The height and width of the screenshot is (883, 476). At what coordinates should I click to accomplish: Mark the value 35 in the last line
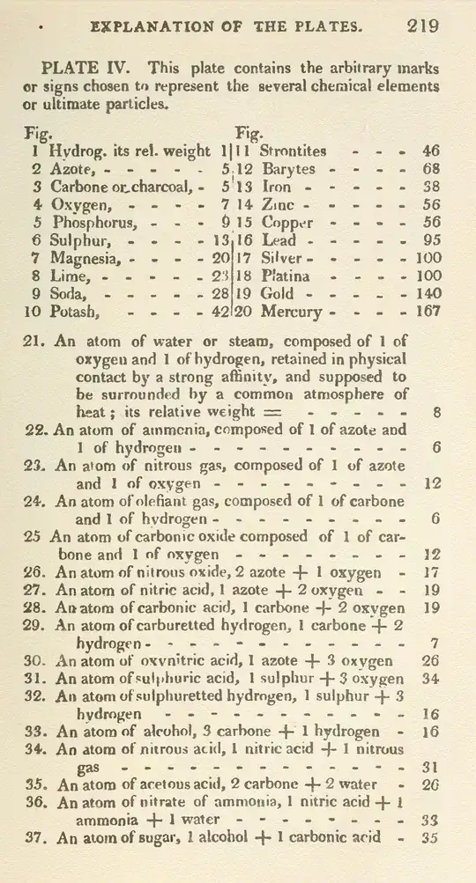click(x=430, y=837)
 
